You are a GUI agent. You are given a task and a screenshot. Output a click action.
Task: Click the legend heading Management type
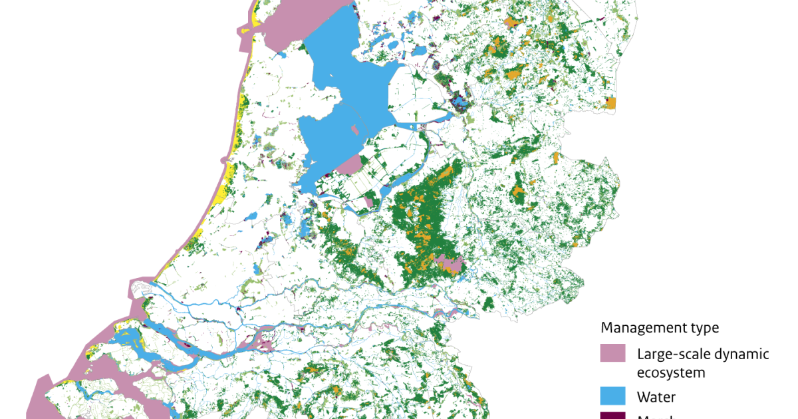coord(660,328)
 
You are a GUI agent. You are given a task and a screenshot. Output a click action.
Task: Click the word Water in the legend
coord(656,397)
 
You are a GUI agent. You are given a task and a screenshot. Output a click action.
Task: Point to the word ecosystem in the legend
coord(671,372)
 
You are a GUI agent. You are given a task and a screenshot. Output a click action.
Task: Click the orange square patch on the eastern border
coord(610,102)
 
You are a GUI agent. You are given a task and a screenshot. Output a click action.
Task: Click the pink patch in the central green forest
coord(450,265)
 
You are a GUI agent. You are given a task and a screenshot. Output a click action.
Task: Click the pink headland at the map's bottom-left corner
coord(40,399)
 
